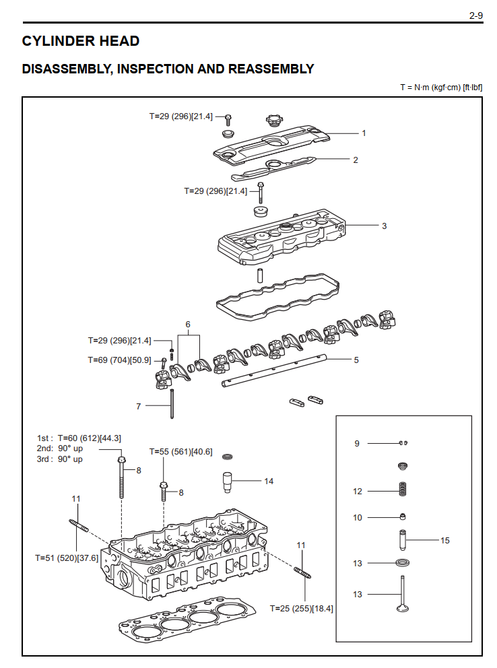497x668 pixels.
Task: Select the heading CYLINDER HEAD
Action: coord(81,41)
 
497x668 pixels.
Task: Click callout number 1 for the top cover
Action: coord(364,133)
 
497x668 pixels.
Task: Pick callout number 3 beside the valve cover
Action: coord(384,226)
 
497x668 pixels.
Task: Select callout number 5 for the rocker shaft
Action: coord(356,360)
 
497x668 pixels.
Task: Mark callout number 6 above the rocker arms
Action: coord(188,324)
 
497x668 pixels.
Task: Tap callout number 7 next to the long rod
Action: coord(139,406)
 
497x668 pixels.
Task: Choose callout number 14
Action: coord(269,481)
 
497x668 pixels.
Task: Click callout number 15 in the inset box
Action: coord(444,540)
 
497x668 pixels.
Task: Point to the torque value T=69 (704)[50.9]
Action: coord(119,360)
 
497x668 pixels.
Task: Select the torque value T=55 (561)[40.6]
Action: coord(180,452)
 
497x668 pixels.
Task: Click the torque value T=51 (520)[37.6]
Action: coord(67,558)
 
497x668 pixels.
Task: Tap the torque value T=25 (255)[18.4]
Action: coord(301,608)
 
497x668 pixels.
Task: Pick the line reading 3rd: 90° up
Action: coord(60,459)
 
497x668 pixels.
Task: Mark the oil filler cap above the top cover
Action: coord(273,121)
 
